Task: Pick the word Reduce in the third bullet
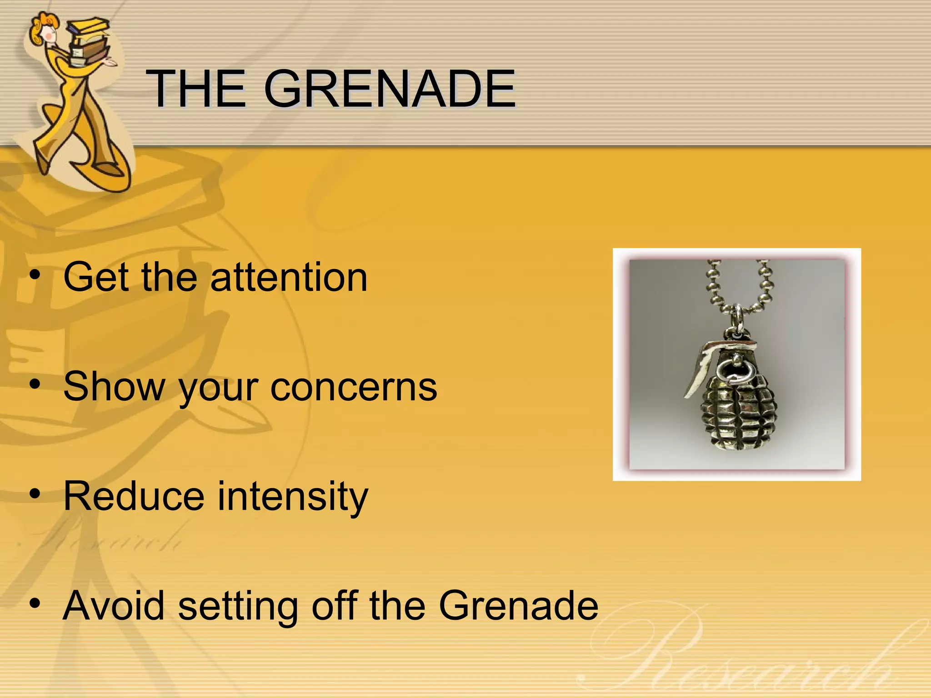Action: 134,496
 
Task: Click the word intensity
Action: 293,497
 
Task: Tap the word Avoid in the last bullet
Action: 114,605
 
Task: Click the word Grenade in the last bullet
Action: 518,605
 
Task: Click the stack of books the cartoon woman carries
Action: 89,41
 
